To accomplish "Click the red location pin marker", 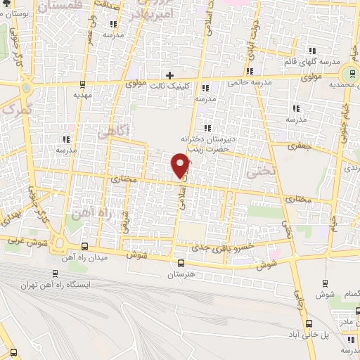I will click(181, 165).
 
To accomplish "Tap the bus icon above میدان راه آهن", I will click(85, 246).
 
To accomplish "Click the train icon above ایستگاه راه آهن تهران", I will click(55, 274).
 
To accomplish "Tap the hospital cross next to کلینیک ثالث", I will click(169, 75).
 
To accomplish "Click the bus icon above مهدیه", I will click(84, 84).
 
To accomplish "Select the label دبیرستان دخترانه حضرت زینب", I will click(207, 143).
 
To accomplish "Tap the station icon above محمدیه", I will click(349, 75).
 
